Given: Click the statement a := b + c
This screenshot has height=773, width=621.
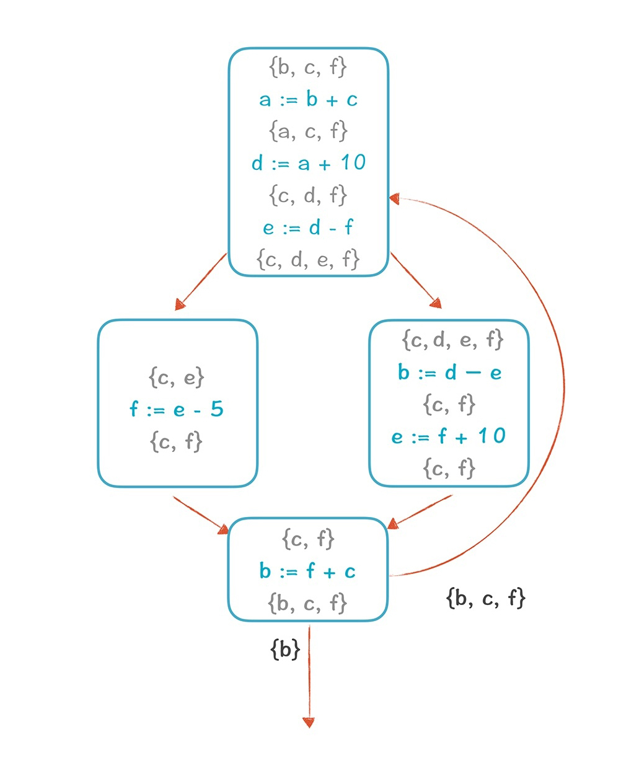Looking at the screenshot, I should tap(308, 99).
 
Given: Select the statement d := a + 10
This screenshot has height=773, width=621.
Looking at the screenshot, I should tap(308, 163).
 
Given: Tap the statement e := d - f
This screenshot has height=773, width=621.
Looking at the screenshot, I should tap(308, 227).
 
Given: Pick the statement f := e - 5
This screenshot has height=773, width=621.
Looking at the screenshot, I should tap(177, 409).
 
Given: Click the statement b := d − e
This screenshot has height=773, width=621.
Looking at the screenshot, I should tap(449, 373).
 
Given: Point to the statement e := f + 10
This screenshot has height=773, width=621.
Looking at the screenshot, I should tap(449, 436).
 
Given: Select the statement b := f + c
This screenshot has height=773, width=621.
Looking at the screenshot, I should tap(308, 571).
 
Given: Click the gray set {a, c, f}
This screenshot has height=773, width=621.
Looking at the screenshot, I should tap(308, 131).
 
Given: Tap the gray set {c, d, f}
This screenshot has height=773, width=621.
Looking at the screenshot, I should tap(308, 196).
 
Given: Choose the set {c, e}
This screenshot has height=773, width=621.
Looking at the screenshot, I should tap(177, 377).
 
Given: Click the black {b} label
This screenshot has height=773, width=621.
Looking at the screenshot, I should tap(285, 650).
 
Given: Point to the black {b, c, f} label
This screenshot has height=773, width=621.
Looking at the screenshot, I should tap(485, 598).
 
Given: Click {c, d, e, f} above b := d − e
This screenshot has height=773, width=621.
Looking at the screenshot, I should tap(452, 340).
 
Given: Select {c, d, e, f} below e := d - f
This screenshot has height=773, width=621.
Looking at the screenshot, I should tap(308, 259).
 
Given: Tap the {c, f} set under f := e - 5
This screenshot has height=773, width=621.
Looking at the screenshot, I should tap(177, 441).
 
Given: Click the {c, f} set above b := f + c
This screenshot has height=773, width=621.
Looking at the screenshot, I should tap(308, 539).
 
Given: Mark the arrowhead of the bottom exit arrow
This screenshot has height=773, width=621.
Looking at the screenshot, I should tap(309, 723).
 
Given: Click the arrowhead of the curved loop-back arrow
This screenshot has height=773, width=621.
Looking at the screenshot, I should tap(395, 198).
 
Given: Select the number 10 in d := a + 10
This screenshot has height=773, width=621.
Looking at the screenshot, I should tap(353, 162).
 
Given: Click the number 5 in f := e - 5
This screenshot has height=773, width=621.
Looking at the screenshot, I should tap(217, 409).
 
